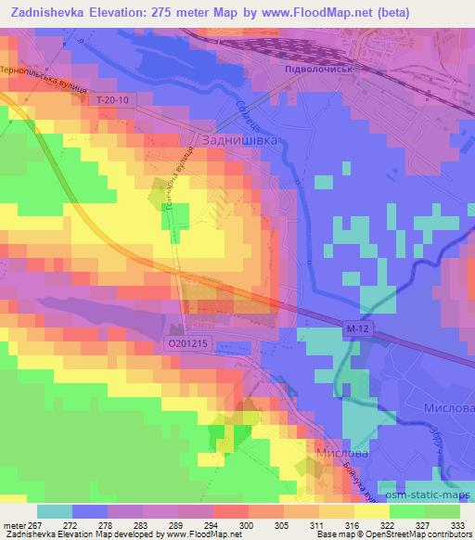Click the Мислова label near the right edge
click(x=449, y=409)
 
